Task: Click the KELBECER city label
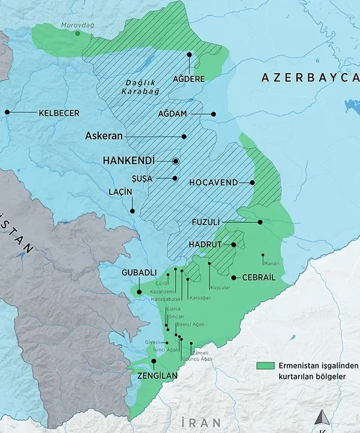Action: coord(59,113)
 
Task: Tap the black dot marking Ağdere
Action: coord(189,55)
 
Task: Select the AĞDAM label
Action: coord(173,114)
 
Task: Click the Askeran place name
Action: coord(104,136)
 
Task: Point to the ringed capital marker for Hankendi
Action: coord(176,161)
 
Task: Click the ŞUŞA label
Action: coord(142,179)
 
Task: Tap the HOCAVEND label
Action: coord(213,182)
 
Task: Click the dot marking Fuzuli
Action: coord(260,222)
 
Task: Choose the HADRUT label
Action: coord(206,245)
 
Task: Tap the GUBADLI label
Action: coord(139,272)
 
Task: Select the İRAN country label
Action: coord(201,422)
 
